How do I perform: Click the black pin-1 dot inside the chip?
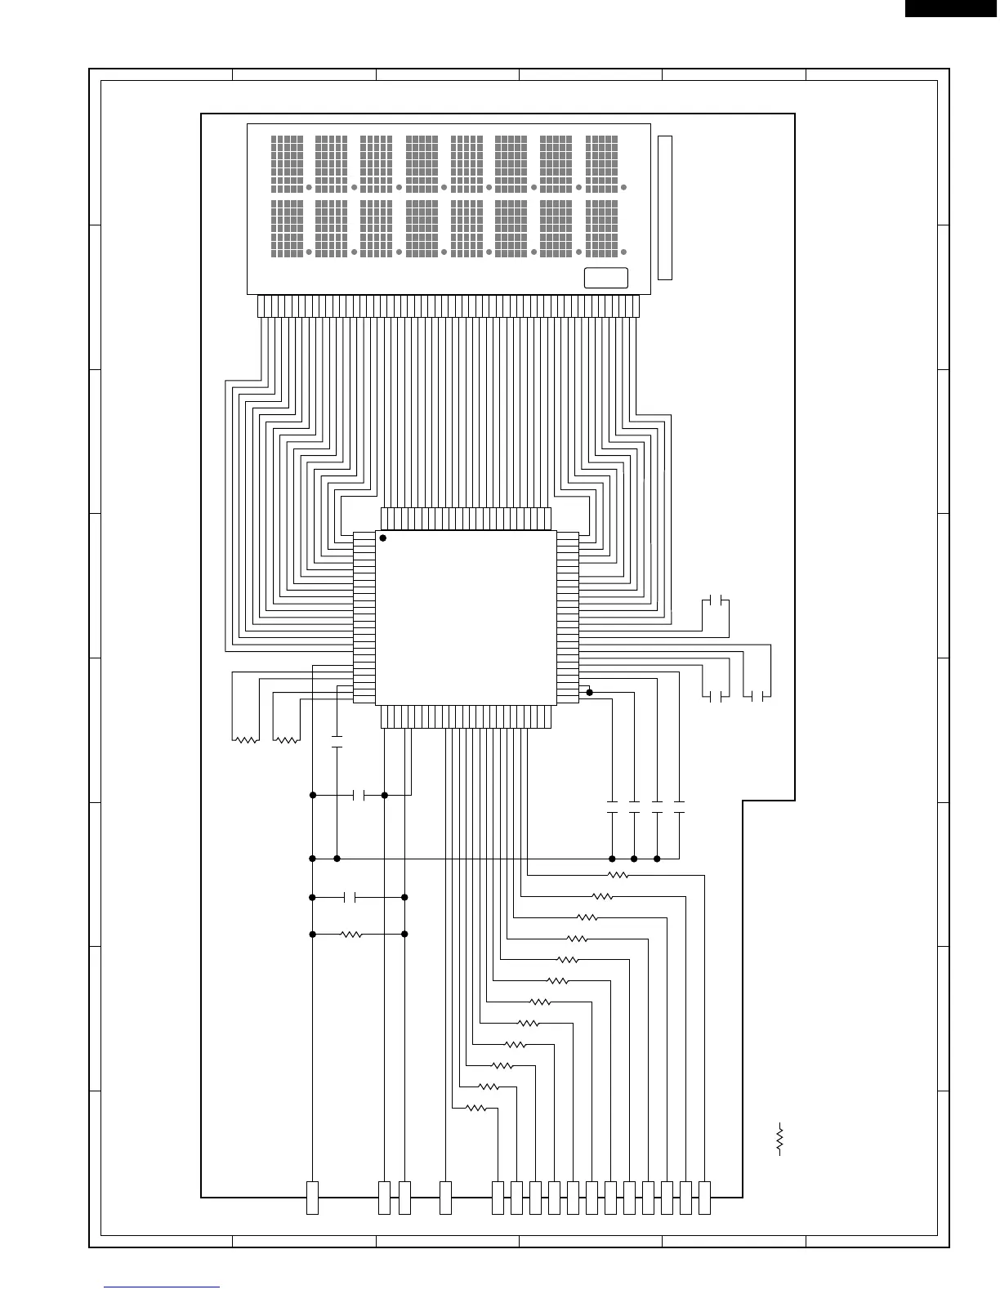coord(382,538)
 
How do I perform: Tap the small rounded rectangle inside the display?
coord(606,278)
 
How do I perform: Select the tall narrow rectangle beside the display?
coord(665,208)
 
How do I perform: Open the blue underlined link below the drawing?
coord(163,1287)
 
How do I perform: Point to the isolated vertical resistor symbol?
coord(780,1138)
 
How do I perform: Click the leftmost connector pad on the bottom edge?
coord(312,1198)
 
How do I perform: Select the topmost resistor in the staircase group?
coord(618,875)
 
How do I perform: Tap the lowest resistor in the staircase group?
coord(475,1109)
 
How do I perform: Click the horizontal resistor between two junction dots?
coord(351,934)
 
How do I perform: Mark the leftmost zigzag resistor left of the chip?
coord(246,740)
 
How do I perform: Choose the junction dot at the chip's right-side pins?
coord(590,692)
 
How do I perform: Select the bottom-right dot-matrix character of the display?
coord(601,228)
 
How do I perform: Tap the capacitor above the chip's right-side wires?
coord(716,601)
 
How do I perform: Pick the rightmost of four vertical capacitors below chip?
coord(679,808)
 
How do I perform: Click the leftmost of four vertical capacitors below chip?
coord(613,808)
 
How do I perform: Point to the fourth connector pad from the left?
coord(445,1198)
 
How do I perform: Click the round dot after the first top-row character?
coord(309,188)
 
